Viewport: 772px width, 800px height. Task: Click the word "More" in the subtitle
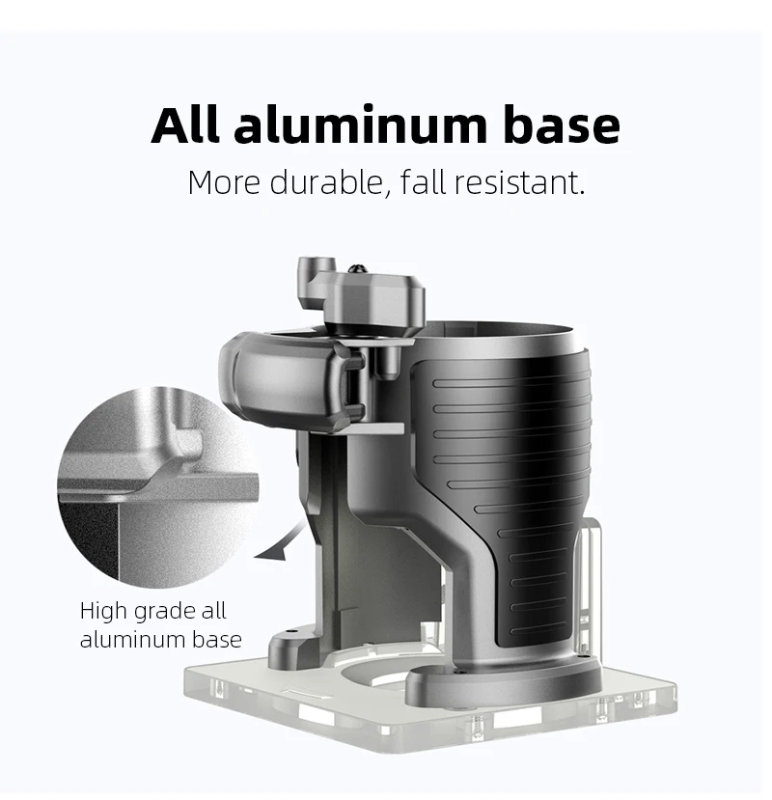pyautogui.click(x=224, y=182)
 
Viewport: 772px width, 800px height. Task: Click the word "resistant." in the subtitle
pyautogui.click(x=519, y=182)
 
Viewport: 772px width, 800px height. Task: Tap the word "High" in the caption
pyautogui.click(x=102, y=611)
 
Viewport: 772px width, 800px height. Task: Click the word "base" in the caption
pyautogui.click(x=217, y=639)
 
